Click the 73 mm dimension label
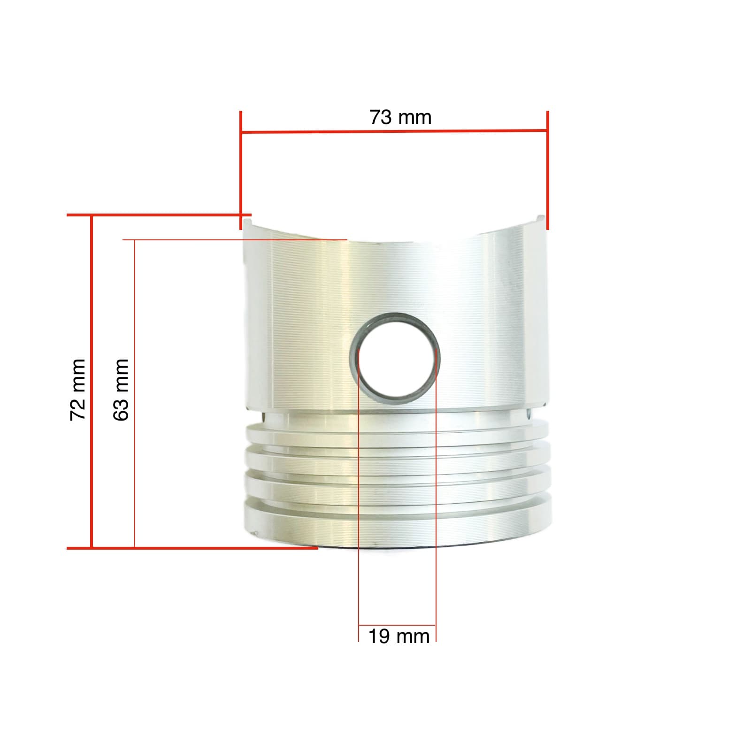coord(400,117)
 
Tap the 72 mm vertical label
coord(77,390)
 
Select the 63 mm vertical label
coord(121,390)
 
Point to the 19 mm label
coord(398,637)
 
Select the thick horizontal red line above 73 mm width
coord(394,131)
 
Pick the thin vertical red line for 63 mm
coord(135,394)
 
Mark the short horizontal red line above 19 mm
coord(397,626)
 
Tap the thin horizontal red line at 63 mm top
coord(235,240)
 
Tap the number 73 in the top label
coord(380,117)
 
